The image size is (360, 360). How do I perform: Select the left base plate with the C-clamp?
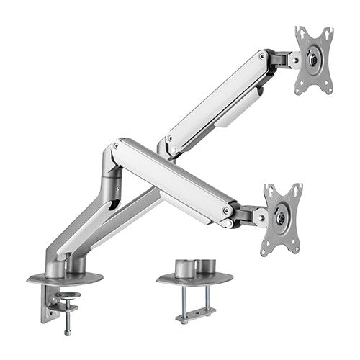tap(65, 277)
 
